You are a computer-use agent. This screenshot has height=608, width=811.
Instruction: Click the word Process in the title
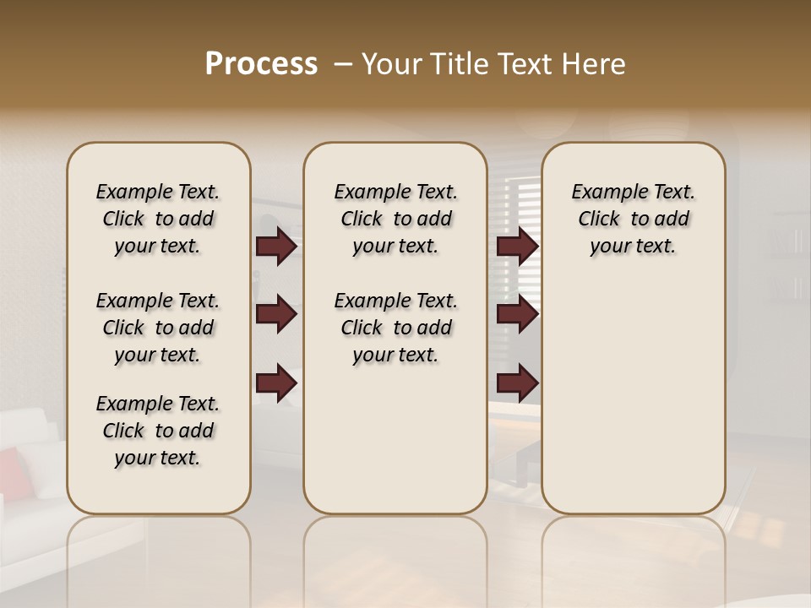point(261,64)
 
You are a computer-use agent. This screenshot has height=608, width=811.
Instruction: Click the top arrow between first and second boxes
point(275,247)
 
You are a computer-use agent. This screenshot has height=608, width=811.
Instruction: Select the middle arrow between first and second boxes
point(275,314)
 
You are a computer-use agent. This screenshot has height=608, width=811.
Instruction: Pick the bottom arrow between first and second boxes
point(275,384)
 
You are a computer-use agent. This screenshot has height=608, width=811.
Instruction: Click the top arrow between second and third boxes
point(517,247)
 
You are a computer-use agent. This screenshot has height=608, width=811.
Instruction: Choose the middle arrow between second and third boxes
point(517,314)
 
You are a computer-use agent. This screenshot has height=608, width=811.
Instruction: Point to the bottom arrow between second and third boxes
point(517,384)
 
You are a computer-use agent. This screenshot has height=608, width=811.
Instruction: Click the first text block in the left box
point(158,219)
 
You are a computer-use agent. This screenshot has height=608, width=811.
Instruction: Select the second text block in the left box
point(158,328)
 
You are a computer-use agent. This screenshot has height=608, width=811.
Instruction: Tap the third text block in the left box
point(158,431)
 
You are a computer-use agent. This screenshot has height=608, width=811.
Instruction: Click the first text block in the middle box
point(395,219)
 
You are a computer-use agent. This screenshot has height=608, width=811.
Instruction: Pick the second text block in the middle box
point(395,328)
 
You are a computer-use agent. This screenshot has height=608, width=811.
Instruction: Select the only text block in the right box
point(633,219)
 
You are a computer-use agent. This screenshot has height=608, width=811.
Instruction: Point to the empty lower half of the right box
point(633,405)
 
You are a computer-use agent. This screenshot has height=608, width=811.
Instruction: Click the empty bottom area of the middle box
point(395,448)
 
